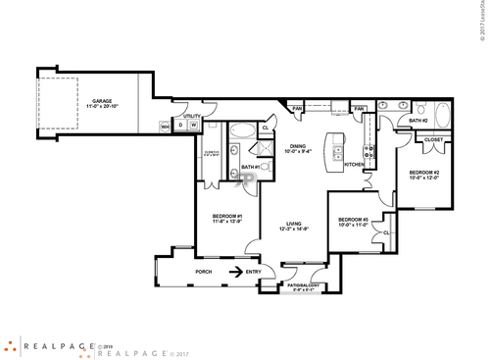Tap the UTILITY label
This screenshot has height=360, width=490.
pos(191,116)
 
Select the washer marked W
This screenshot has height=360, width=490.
pos(194,126)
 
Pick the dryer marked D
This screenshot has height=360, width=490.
pos(181,126)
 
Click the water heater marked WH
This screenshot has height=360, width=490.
pos(166,126)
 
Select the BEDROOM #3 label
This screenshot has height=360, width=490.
pos(353,221)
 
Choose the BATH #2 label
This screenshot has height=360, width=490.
pos(417,121)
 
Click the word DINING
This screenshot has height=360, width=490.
pos(296,146)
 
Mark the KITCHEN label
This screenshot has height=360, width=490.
pos(354,164)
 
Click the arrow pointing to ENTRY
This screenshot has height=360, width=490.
pos(236,272)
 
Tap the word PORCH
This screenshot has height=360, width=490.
pos(204,272)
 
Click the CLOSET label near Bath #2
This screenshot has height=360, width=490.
pos(433,140)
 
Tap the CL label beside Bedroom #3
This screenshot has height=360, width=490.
pos(387,231)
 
